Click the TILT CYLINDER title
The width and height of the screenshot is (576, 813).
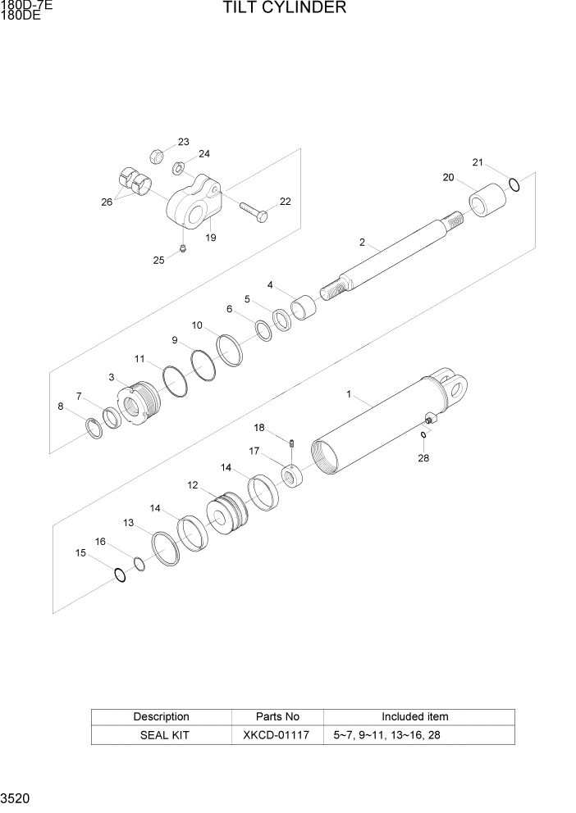[x=284, y=9]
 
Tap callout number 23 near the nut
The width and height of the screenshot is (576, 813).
[x=183, y=141]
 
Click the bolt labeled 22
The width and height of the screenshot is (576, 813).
[x=254, y=211]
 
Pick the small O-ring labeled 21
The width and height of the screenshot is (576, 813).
[x=514, y=184]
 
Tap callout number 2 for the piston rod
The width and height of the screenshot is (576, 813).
[x=362, y=242]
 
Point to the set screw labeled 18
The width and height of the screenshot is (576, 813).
[x=292, y=443]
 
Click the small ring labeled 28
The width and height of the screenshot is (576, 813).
[x=423, y=435]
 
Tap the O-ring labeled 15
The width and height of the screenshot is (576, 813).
[x=121, y=576]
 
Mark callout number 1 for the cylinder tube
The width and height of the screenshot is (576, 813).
[x=349, y=394]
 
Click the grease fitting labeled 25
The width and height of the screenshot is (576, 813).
[x=184, y=249]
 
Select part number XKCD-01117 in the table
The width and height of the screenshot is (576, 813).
[x=276, y=735]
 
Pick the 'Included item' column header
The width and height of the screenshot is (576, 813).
[x=414, y=716]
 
